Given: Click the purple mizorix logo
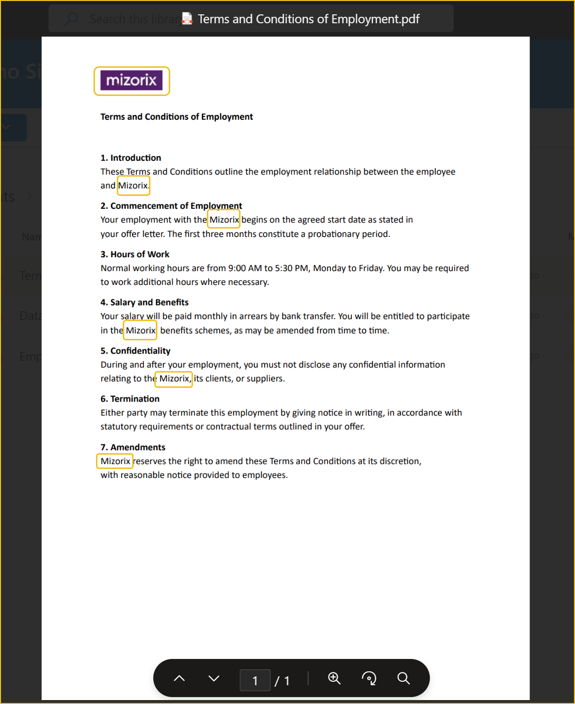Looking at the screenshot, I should point(131,80).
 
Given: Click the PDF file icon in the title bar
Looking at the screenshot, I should point(187,19).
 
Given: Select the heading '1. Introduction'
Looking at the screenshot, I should point(131,158).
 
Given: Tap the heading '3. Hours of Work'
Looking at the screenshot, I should point(135,254).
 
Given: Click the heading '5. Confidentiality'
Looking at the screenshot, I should point(135,351).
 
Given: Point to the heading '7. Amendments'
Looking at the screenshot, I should point(133,447).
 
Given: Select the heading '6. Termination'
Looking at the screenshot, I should point(130,399).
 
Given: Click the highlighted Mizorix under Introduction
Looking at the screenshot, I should point(133,186).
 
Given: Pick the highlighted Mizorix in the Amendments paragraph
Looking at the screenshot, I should point(115,461).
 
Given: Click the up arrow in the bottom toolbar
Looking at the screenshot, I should point(179,678).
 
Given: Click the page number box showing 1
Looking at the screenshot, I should point(255,680).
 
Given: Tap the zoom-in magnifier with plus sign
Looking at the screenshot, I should point(335,678).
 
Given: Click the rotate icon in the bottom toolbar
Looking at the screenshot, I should point(369,678).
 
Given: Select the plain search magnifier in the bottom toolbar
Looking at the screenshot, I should point(404,678).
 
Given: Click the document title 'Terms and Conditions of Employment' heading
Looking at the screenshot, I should point(177,117).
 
